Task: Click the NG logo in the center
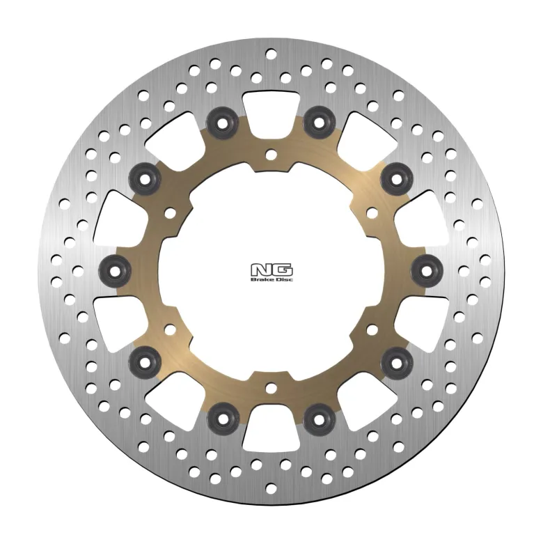pos(271,272)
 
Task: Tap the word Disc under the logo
pos(283,279)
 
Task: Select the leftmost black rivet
pos(115,271)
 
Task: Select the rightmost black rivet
pos(427,271)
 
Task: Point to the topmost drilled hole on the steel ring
pos(271,54)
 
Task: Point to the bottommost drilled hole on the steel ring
pos(271,489)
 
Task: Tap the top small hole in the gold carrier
pos(271,155)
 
